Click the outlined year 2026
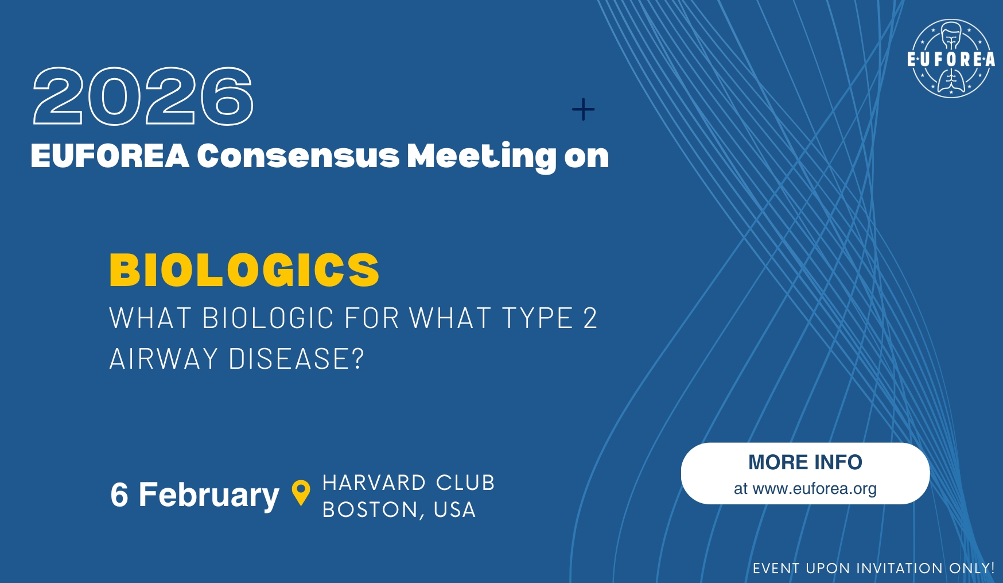coord(143,96)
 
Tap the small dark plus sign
coord(583,109)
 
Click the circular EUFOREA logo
coord(951,59)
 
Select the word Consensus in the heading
coord(298,156)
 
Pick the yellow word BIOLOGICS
coord(244,270)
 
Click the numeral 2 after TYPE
coord(590,318)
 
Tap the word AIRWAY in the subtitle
coord(164,359)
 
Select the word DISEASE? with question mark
coord(296,359)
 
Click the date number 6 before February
coord(119,495)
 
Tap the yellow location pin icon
coord(301,493)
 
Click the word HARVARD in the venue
coord(374,482)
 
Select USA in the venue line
coord(454,509)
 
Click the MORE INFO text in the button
coord(805,462)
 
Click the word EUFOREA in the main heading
coord(110,156)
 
